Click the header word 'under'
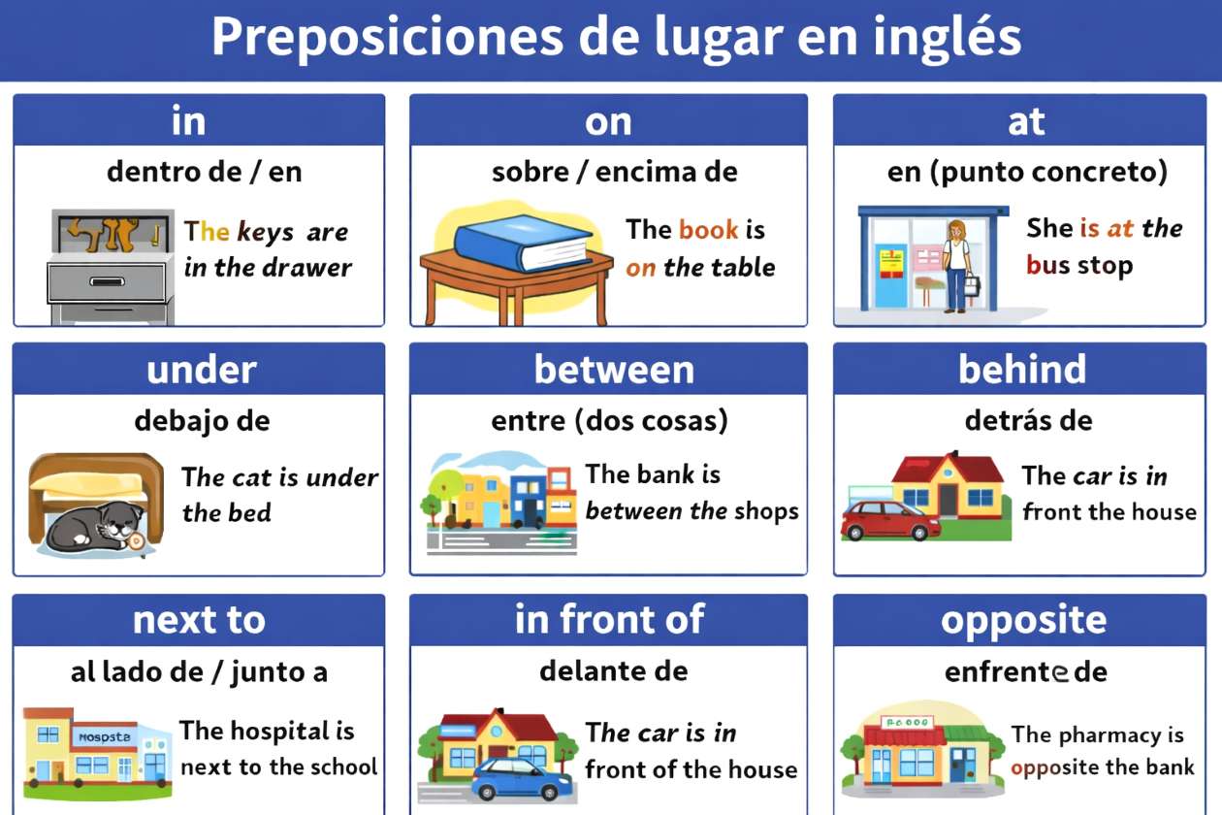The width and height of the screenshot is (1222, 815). pyautogui.click(x=201, y=370)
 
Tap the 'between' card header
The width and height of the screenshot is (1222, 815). pyautogui.click(x=614, y=370)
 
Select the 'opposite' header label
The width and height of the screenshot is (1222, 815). pyautogui.click(x=1023, y=620)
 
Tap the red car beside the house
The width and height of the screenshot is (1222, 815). pyautogui.click(x=889, y=520)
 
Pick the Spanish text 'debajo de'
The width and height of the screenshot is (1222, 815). pyautogui.click(x=202, y=421)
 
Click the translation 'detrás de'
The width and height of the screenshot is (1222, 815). pyautogui.click(x=1028, y=421)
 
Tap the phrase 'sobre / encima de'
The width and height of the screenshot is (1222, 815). pyautogui.click(x=614, y=173)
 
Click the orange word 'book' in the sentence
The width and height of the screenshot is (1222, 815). pyautogui.click(x=708, y=230)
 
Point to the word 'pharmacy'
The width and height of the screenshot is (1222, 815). pyautogui.click(x=1089, y=735)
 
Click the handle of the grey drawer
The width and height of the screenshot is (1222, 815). pyautogui.click(x=107, y=281)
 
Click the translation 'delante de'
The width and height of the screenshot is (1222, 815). pyautogui.click(x=613, y=670)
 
